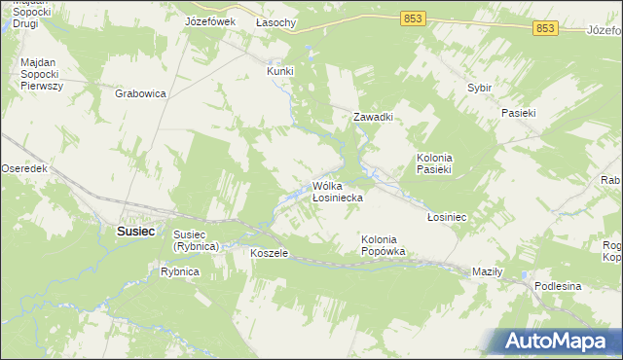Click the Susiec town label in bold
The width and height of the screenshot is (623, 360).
point(135,232)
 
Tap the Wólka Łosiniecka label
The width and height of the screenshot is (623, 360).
point(338,192)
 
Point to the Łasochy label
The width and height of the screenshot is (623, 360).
point(277,21)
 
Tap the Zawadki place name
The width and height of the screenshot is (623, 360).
point(372,117)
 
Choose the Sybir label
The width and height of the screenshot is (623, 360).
point(479,88)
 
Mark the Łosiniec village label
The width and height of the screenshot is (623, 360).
point(447,217)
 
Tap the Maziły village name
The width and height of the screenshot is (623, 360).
point(486,271)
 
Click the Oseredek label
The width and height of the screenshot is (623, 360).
point(24,168)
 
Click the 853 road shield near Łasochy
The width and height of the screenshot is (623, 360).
point(412,18)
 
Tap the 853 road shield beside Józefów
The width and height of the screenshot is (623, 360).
point(544,29)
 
